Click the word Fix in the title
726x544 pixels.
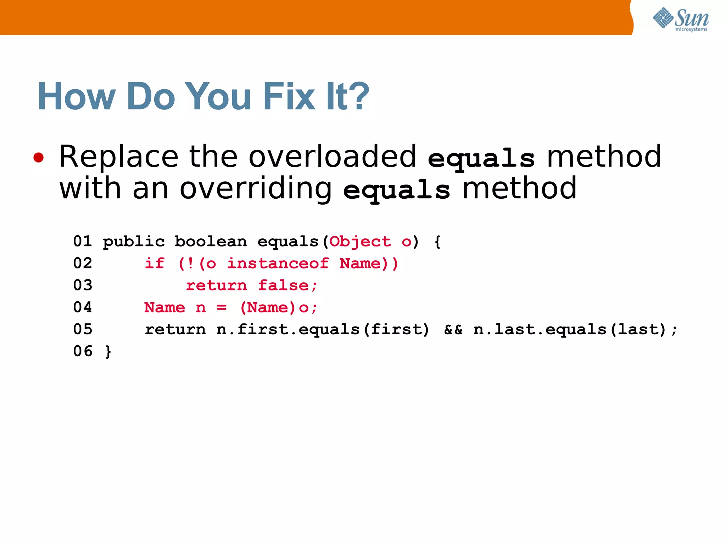tap(289, 96)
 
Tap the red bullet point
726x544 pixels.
tap(39, 158)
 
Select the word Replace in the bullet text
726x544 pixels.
tap(119, 157)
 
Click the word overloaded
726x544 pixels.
tap(332, 157)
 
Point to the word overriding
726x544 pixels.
tap(256, 188)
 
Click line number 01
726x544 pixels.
tap(83, 242)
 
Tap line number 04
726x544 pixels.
tap(83, 307)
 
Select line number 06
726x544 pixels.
tap(83, 351)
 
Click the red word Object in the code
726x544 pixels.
tap(360, 242)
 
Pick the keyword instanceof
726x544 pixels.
tap(278, 263)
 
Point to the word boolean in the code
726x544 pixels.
tap(211, 242)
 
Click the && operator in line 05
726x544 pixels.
tap(453, 329)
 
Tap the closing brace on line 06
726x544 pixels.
tap(108, 352)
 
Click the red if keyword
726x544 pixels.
tap(155, 263)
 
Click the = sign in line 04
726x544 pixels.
tap(222, 307)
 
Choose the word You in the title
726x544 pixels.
tap(218, 96)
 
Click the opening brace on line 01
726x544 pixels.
tap(437, 242)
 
